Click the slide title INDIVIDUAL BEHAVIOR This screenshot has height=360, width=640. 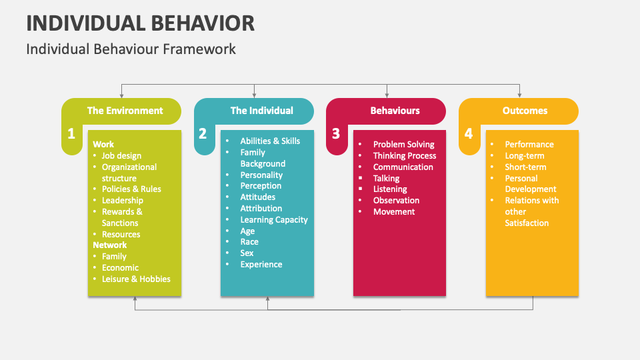click(x=140, y=23)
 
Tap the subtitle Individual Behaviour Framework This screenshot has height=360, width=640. click(x=131, y=49)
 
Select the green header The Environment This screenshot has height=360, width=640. click(x=125, y=111)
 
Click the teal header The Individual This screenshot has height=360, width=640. click(x=261, y=111)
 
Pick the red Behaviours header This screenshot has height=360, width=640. click(x=395, y=111)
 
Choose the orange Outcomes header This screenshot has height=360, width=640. click(x=525, y=111)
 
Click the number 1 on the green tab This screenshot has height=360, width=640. click(x=71, y=134)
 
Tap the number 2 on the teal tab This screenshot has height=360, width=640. click(x=203, y=134)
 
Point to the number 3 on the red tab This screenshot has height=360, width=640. click(x=335, y=134)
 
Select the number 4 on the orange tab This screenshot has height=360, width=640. click(x=468, y=134)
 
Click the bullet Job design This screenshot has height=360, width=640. click(x=121, y=156)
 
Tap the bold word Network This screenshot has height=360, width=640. click(x=109, y=245)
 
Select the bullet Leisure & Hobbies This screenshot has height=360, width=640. click(x=136, y=279)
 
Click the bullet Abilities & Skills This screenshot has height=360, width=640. click(x=270, y=141)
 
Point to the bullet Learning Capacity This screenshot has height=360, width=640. click(x=274, y=219)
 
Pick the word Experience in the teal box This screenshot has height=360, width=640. click(x=261, y=264)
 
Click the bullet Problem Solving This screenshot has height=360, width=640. click(x=403, y=144)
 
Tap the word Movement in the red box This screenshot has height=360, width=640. click(x=394, y=211)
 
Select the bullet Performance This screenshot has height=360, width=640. click(x=529, y=144)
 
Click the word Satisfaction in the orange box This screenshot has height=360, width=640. click(x=527, y=223)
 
